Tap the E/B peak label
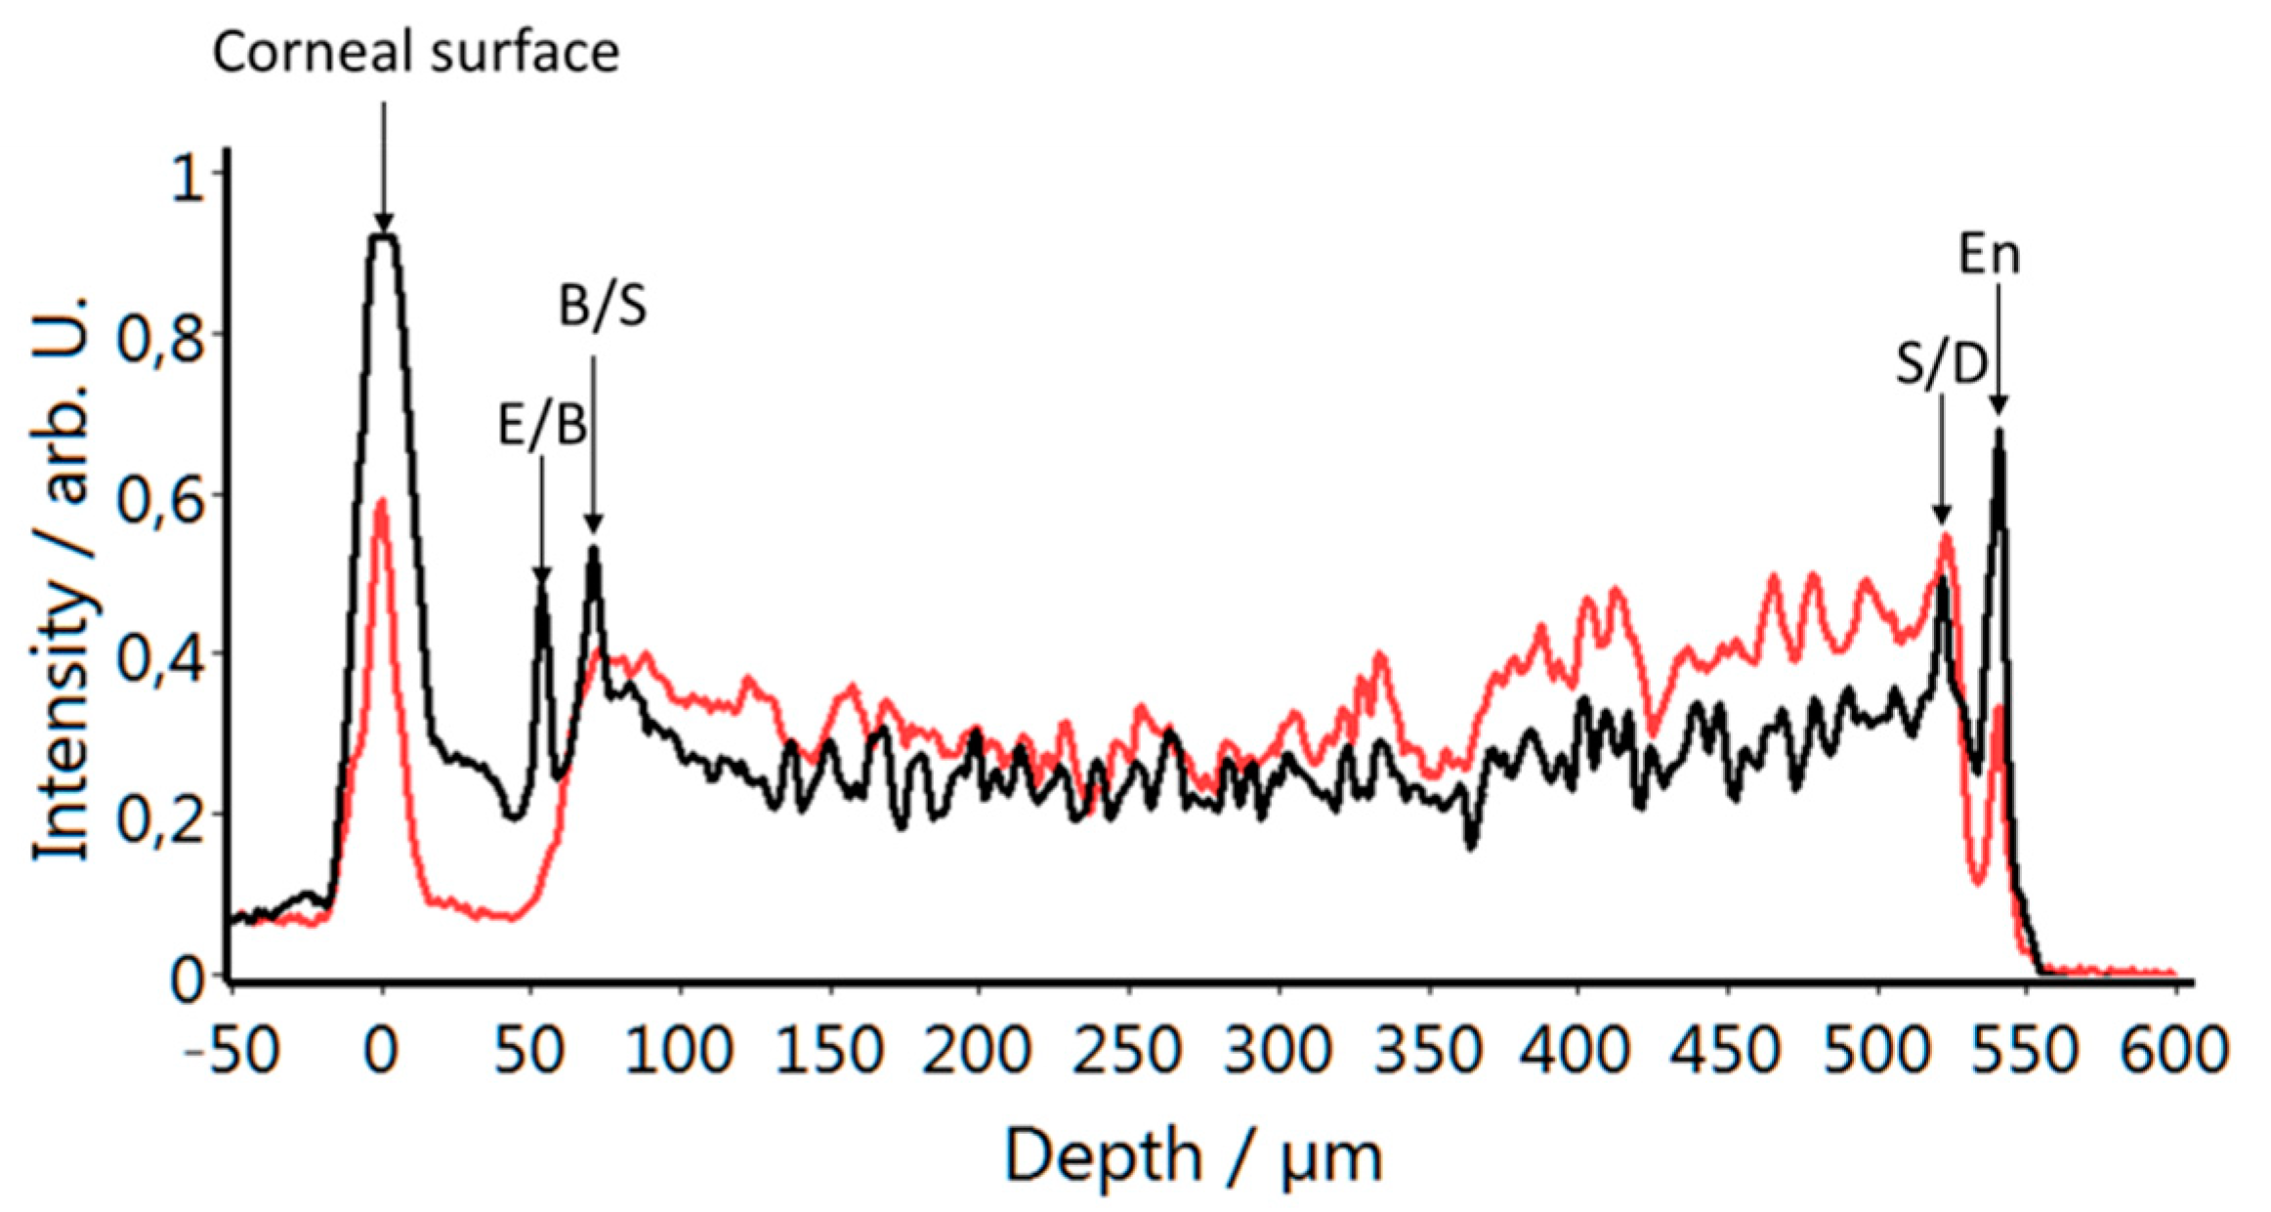(x=542, y=426)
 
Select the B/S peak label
(x=602, y=306)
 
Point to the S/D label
(x=1942, y=364)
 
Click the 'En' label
(x=1989, y=255)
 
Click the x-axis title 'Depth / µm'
(x=1193, y=1156)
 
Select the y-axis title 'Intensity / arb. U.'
(x=64, y=577)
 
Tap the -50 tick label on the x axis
(x=231, y=1051)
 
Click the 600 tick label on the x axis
(x=2174, y=1051)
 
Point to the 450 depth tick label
(x=1726, y=1051)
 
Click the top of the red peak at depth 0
(x=381, y=501)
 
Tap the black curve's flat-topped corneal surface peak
(x=383, y=236)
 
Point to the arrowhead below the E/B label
(x=541, y=577)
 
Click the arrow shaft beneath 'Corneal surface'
(x=383, y=156)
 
